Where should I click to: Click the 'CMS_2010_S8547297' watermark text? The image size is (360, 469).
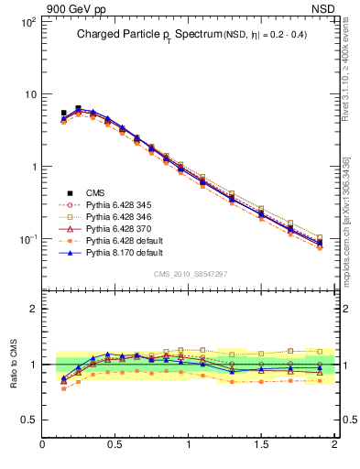[x=190, y=274]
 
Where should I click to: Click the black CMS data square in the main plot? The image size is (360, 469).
[x=63, y=113]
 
